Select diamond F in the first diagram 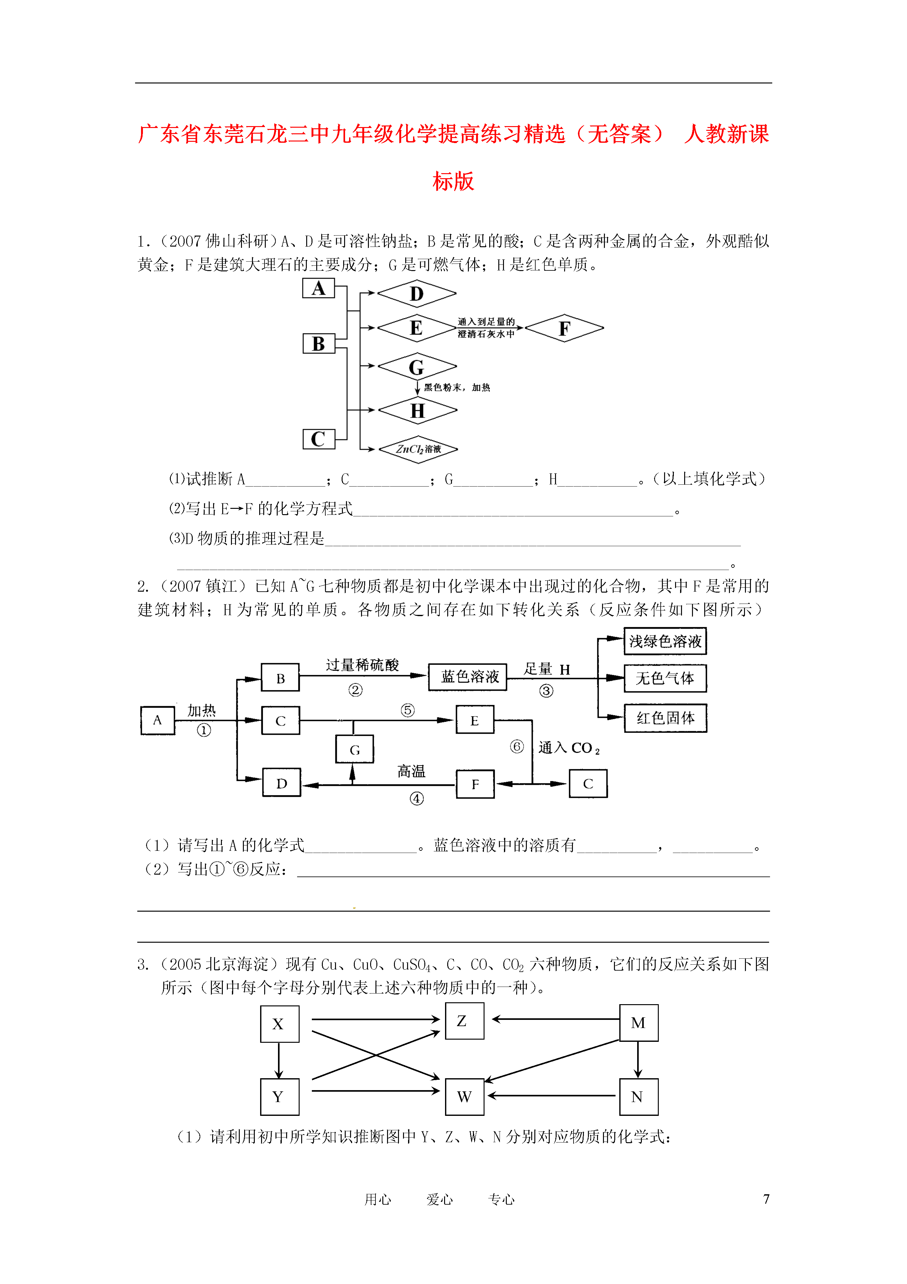tap(564, 328)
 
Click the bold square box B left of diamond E tap(318, 344)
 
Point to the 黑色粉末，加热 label tap(457, 387)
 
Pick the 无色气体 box tap(665, 678)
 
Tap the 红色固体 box tap(665, 718)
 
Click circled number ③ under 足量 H tap(546, 691)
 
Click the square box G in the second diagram tap(354, 749)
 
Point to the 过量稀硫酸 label tap(362, 665)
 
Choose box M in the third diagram tap(639, 1023)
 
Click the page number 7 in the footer tap(766, 1199)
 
